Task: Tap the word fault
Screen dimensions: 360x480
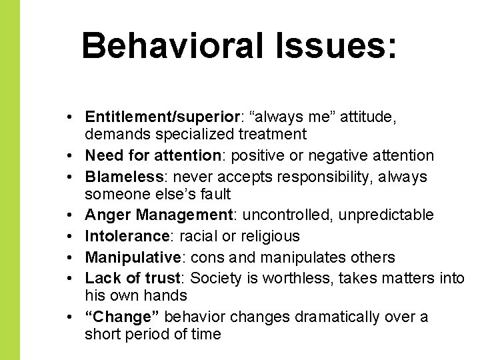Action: (x=215, y=195)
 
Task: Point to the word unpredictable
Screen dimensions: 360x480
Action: (x=381, y=215)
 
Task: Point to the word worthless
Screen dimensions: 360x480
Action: (x=301, y=278)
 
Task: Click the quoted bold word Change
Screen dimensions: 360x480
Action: (x=122, y=317)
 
